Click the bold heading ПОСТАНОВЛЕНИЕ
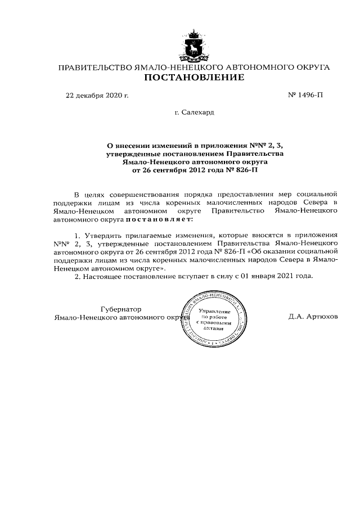coord(195,78)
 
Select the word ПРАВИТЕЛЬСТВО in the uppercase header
coord(93,67)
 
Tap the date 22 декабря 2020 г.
coord(97,96)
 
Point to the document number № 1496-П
coord(305,96)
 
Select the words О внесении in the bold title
coord(129,145)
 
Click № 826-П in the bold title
coord(241,168)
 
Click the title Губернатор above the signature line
coord(120,309)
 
